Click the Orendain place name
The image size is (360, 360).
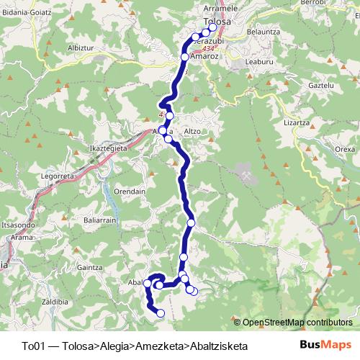[130, 192]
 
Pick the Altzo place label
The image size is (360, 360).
[192, 131]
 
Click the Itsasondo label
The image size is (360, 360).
[17, 225]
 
